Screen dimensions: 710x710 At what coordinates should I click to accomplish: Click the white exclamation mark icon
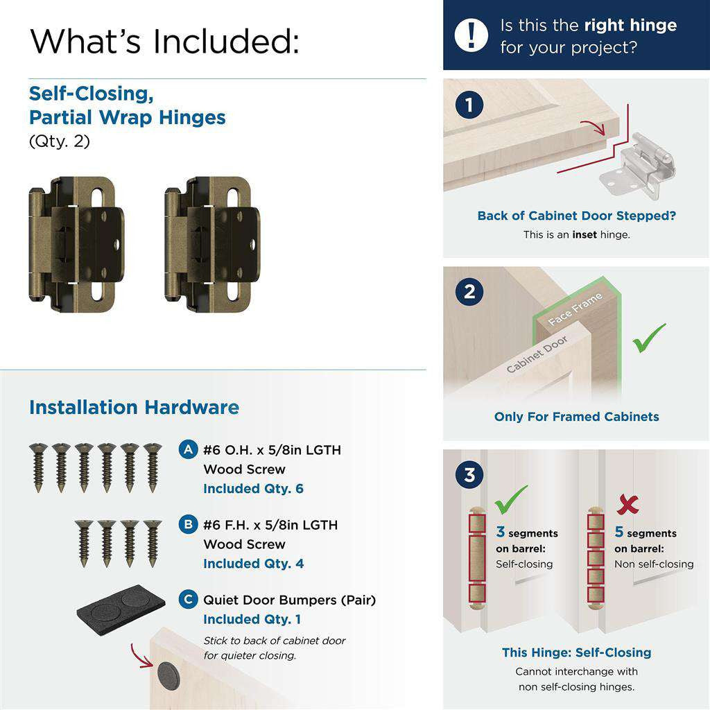coord(471,35)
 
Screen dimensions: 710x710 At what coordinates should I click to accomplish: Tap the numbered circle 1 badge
coord(470,105)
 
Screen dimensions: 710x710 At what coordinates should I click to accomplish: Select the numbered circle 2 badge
coord(470,292)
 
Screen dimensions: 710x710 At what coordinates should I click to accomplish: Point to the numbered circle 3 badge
coord(470,476)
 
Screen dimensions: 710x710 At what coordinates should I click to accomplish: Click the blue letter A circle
coord(188,449)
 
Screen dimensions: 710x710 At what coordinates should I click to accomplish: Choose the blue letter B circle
coord(188,524)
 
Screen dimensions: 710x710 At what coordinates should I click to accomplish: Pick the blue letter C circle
coord(188,599)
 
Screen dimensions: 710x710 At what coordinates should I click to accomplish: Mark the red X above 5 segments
coord(627,504)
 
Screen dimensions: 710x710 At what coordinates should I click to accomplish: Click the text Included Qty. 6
coord(253,489)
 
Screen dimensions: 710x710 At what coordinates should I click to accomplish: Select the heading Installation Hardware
coord(134,407)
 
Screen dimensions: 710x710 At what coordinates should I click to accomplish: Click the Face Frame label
coord(575,309)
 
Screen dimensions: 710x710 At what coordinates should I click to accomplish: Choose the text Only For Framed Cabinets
coord(576,417)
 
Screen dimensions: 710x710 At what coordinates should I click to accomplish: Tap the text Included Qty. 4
coord(253,564)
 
